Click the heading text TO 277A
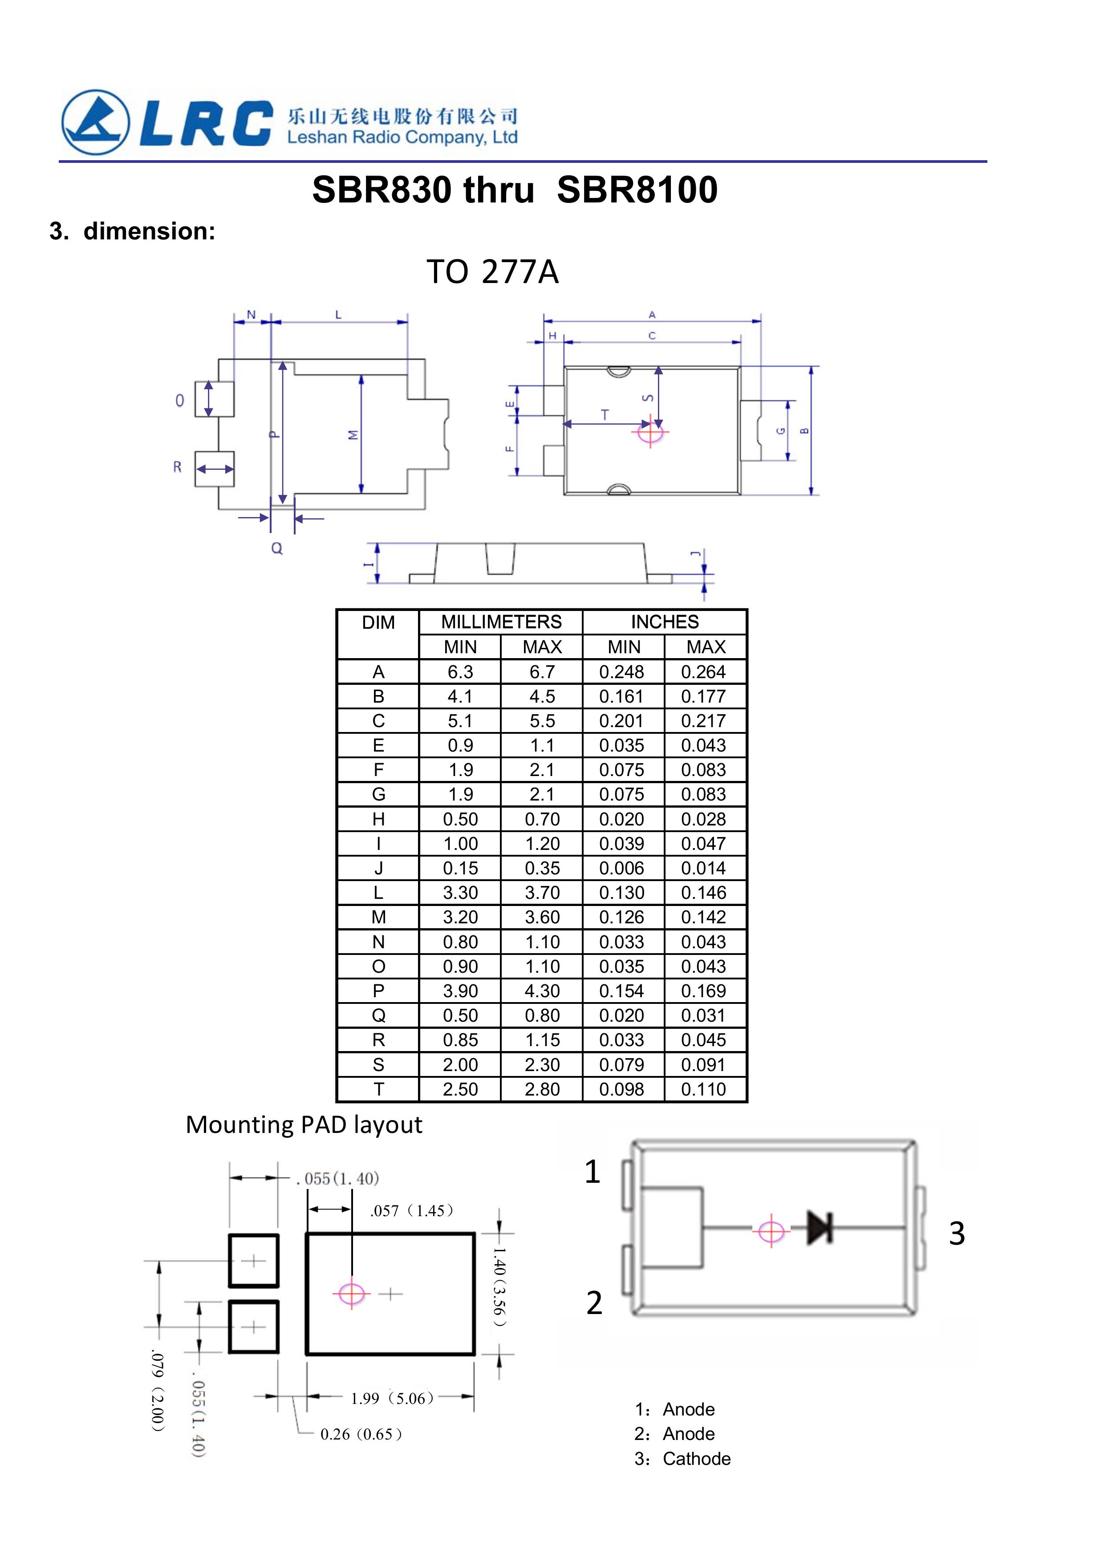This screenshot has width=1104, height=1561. click(492, 272)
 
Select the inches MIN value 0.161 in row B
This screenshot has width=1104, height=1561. click(622, 696)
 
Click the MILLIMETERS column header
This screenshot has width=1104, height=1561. click(501, 622)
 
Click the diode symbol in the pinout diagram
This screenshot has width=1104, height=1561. click(820, 1227)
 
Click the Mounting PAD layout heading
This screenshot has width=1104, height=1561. click(304, 1125)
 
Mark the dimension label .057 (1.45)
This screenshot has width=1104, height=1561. click(411, 1210)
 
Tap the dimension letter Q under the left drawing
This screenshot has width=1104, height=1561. click(277, 548)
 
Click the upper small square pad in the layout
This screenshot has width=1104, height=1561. click(254, 1261)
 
